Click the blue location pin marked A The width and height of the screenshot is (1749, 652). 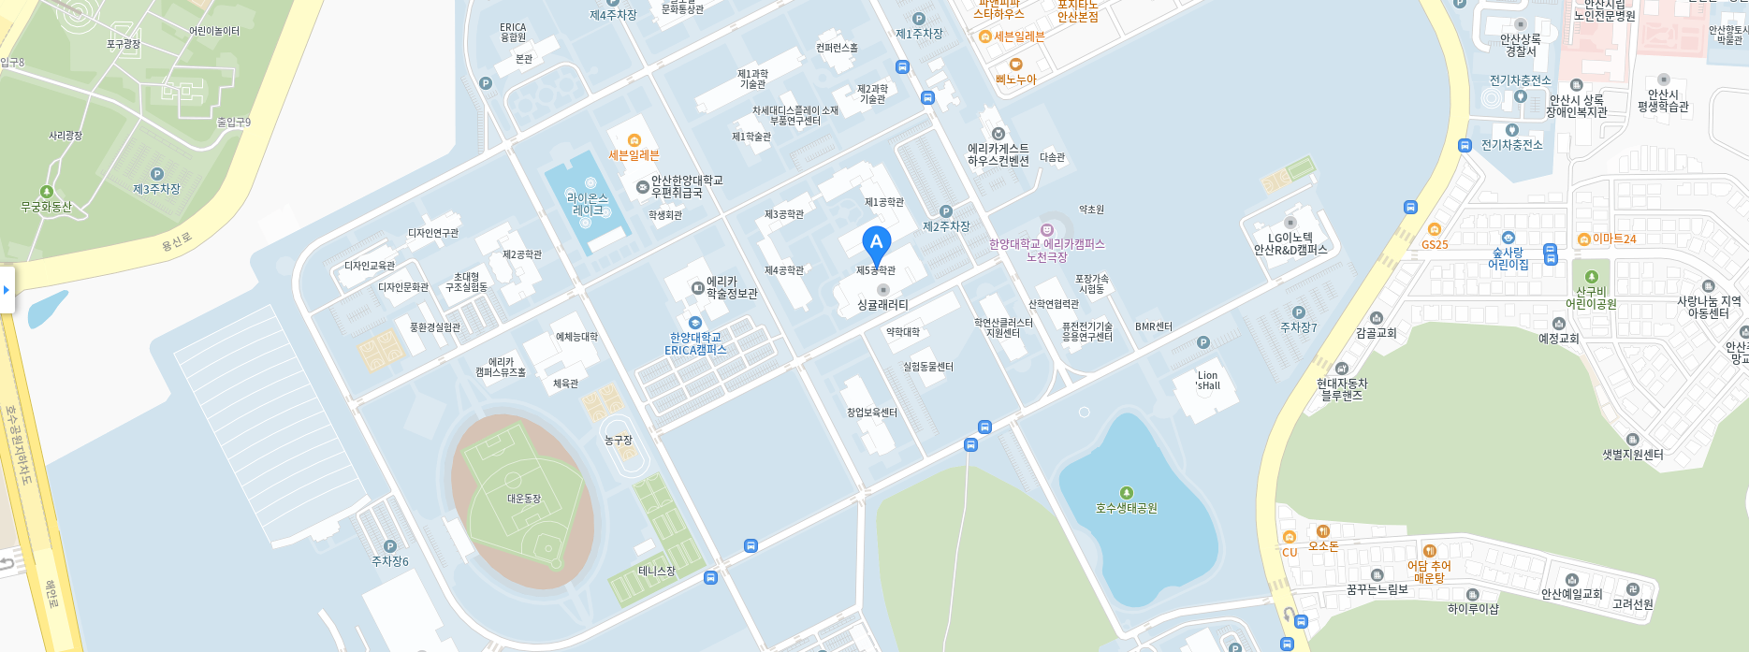[x=876, y=243]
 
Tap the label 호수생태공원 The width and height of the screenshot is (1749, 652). [x=1127, y=508]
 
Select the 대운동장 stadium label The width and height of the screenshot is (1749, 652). [x=524, y=499]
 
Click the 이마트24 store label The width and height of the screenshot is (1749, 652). [x=1613, y=239]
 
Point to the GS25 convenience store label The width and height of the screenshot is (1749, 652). [x=1435, y=244]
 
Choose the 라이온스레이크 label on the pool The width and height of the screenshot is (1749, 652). [x=588, y=204]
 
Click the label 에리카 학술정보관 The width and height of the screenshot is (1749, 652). [x=732, y=287]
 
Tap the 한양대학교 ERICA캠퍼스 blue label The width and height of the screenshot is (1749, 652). [x=695, y=343]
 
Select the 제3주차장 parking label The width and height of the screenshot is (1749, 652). [x=156, y=189]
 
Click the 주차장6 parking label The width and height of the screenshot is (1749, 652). [x=390, y=561]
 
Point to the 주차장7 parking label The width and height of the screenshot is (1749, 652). [x=1299, y=327]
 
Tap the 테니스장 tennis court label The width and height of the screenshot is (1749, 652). [x=657, y=571]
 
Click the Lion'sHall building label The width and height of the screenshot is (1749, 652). [x=1208, y=381]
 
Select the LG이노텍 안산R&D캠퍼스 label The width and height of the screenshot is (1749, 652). [x=1290, y=243]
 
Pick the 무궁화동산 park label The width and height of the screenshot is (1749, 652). [x=47, y=207]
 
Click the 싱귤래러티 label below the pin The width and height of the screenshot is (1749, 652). [x=882, y=305]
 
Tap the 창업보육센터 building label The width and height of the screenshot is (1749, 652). [x=872, y=413]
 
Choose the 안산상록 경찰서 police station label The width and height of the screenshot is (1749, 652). [x=1521, y=45]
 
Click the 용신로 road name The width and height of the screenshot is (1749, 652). [x=176, y=241]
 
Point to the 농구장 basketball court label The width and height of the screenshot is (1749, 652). [x=619, y=440]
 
